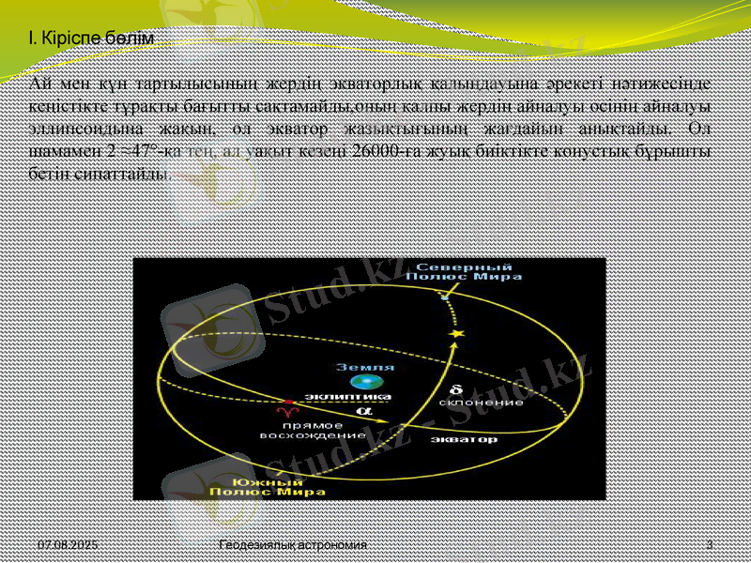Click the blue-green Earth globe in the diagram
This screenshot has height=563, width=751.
tap(360, 382)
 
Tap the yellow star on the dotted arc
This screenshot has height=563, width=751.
tap(458, 334)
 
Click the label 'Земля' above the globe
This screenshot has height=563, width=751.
tap(373, 367)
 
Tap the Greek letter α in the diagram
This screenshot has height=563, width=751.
tap(361, 410)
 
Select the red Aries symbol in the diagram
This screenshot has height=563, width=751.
tap(281, 412)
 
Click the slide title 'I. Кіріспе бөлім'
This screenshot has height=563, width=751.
tap(90, 38)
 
